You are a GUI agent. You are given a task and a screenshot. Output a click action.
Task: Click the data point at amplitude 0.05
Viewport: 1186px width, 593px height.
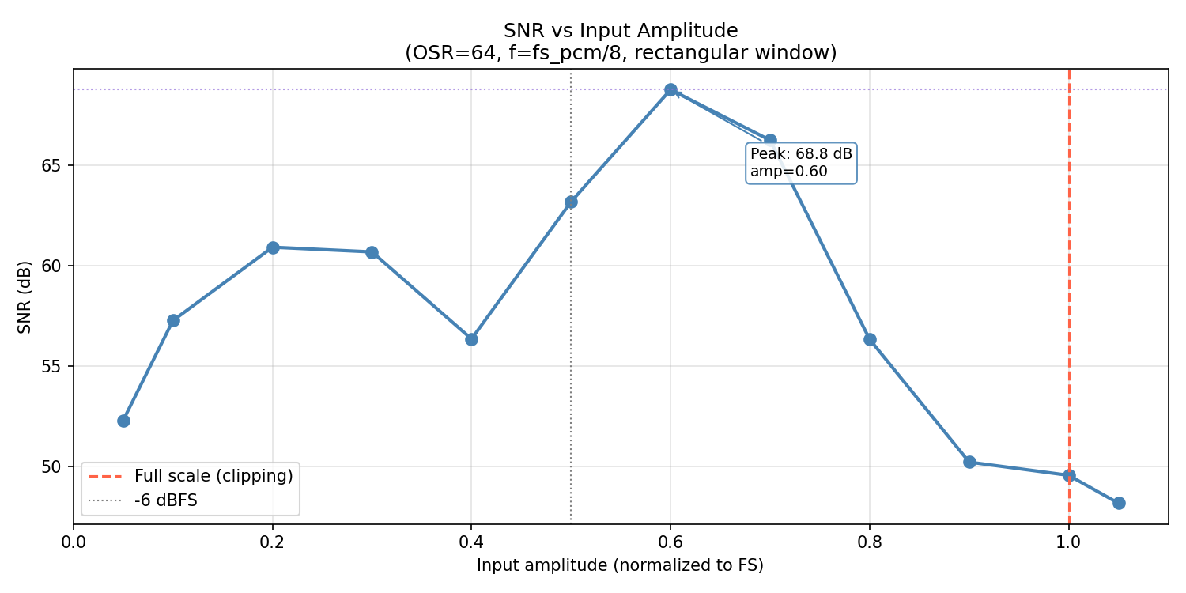pyautogui.click(x=123, y=421)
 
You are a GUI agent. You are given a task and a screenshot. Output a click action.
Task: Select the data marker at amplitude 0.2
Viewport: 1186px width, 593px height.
pyautogui.click(x=273, y=247)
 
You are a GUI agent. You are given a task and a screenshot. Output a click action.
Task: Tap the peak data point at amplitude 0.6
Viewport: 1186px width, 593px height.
pyautogui.click(x=670, y=90)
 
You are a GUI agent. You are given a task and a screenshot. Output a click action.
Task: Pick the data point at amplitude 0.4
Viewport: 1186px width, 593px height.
pyautogui.click(x=471, y=339)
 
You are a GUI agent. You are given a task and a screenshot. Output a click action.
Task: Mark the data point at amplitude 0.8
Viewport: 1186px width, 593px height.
pyautogui.click(x=870, y=339)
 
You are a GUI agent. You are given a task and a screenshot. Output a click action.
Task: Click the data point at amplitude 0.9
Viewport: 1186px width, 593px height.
pyautogui.click(x=969, y=462)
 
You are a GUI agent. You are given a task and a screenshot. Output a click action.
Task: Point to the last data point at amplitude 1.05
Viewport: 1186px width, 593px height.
pyautogui.click(x=1119, y=503)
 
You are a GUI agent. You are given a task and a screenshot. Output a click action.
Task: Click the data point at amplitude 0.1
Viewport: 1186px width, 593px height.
pyautogui.click(x=173, y=320)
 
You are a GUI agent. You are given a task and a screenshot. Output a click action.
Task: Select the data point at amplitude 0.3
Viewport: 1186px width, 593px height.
pyautogui.click(x=372, y=252)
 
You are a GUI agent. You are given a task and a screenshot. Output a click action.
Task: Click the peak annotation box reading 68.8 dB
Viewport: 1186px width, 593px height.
pyautogui.click(x=801, y=163)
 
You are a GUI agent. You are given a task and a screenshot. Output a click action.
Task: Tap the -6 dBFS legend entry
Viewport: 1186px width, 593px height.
pyautogui.click(x=165, y=500)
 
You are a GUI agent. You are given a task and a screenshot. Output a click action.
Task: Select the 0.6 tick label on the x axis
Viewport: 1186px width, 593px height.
pyautogui.click(x=670, y=543)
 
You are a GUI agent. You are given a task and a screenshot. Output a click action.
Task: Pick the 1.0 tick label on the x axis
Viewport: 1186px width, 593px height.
pyautogui.click(x=1069, y=543)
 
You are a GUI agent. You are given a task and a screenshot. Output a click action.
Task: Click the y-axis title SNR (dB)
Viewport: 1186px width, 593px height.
pyautogui.click(x=25, y=296)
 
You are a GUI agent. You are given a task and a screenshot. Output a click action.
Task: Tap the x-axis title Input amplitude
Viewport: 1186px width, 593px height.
pyautogui.click(x=620, y=566)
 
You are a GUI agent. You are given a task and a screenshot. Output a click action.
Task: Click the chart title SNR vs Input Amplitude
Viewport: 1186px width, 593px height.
pyautogui.click(x=621, y=31)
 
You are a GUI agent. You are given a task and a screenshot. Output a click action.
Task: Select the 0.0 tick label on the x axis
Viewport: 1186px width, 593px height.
pyautogui.click(x=74, y=543)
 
